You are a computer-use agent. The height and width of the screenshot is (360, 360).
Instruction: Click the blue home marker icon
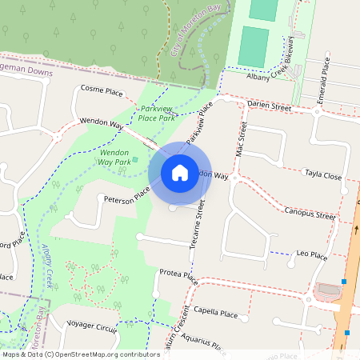(x=180, y=172)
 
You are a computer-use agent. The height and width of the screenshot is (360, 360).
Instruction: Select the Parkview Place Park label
(x=157, y=113)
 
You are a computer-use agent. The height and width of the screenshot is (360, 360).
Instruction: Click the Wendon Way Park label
(x=114, y=156)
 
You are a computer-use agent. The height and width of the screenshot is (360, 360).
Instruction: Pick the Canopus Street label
(x=310, y=214)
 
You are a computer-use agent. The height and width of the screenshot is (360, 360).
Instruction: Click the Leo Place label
(x=312, y=254)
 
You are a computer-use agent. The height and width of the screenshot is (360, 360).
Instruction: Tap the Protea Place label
(x=178, y=275)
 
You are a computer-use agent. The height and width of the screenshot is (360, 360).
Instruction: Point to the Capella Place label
(x=216, y=314)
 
